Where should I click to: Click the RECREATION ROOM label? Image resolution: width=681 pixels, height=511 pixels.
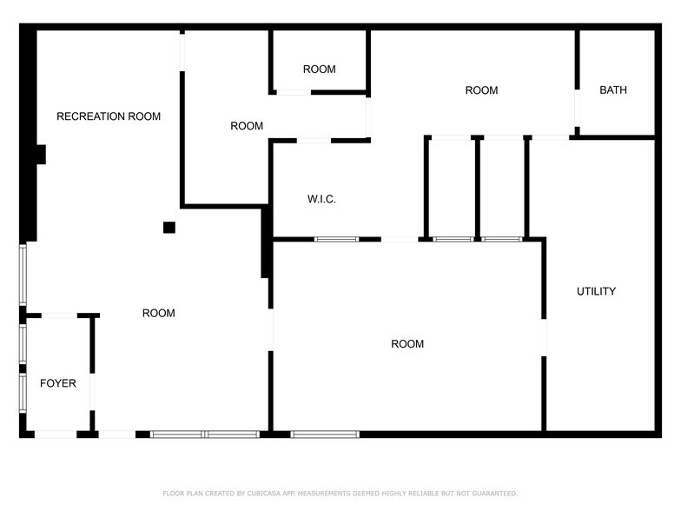click(x=109, y=116)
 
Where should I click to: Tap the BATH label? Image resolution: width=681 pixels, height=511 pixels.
click(x=613, y=90)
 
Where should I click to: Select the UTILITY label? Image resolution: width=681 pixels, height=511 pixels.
click(x=596, y=291)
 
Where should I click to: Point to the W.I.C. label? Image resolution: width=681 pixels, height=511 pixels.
click(x=321, y=200)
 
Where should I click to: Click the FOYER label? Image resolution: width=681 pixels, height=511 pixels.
click(x=58, y=383)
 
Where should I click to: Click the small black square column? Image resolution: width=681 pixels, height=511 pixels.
click(x=169, y=228)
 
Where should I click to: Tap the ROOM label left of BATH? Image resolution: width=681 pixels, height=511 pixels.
click(x=481, y=90)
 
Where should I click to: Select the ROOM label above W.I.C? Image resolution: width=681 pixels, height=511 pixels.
click(x=247, y=126)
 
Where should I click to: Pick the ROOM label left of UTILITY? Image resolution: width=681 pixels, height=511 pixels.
click(x=407, y=344)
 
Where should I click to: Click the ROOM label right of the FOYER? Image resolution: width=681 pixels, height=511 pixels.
click(x=159, y=313)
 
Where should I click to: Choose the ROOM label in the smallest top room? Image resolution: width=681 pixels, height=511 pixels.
click(x=319, y=70)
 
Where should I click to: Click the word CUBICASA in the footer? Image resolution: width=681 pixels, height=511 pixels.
click(x=262, y=494)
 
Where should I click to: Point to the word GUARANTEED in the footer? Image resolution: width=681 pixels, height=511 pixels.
click(x=492, y=494)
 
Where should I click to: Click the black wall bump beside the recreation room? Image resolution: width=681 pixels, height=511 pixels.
click(x=40, y=155)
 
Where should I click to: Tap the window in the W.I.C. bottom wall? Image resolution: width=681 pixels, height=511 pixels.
click(x=336, y=239)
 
